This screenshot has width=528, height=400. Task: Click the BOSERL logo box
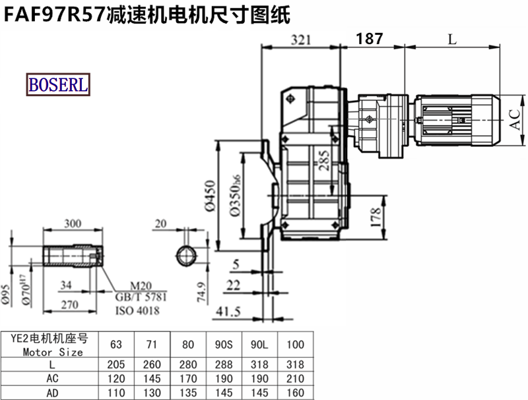(x=58, y=84)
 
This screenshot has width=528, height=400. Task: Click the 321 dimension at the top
(x=301, y=40)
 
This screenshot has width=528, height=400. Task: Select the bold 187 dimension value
(x=370, y=39)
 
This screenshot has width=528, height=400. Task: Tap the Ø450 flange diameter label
(x=210, y=196)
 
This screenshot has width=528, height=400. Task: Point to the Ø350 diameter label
(x=236, y=196)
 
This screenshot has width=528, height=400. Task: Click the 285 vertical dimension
(x=323, y=160)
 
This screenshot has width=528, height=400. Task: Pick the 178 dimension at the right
(x=376, y=217)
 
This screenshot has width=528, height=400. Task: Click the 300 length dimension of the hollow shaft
(x=73, y=223)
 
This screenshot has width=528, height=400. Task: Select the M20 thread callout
(x=141, y=287)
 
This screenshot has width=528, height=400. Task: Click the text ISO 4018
(x=137, y=310)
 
